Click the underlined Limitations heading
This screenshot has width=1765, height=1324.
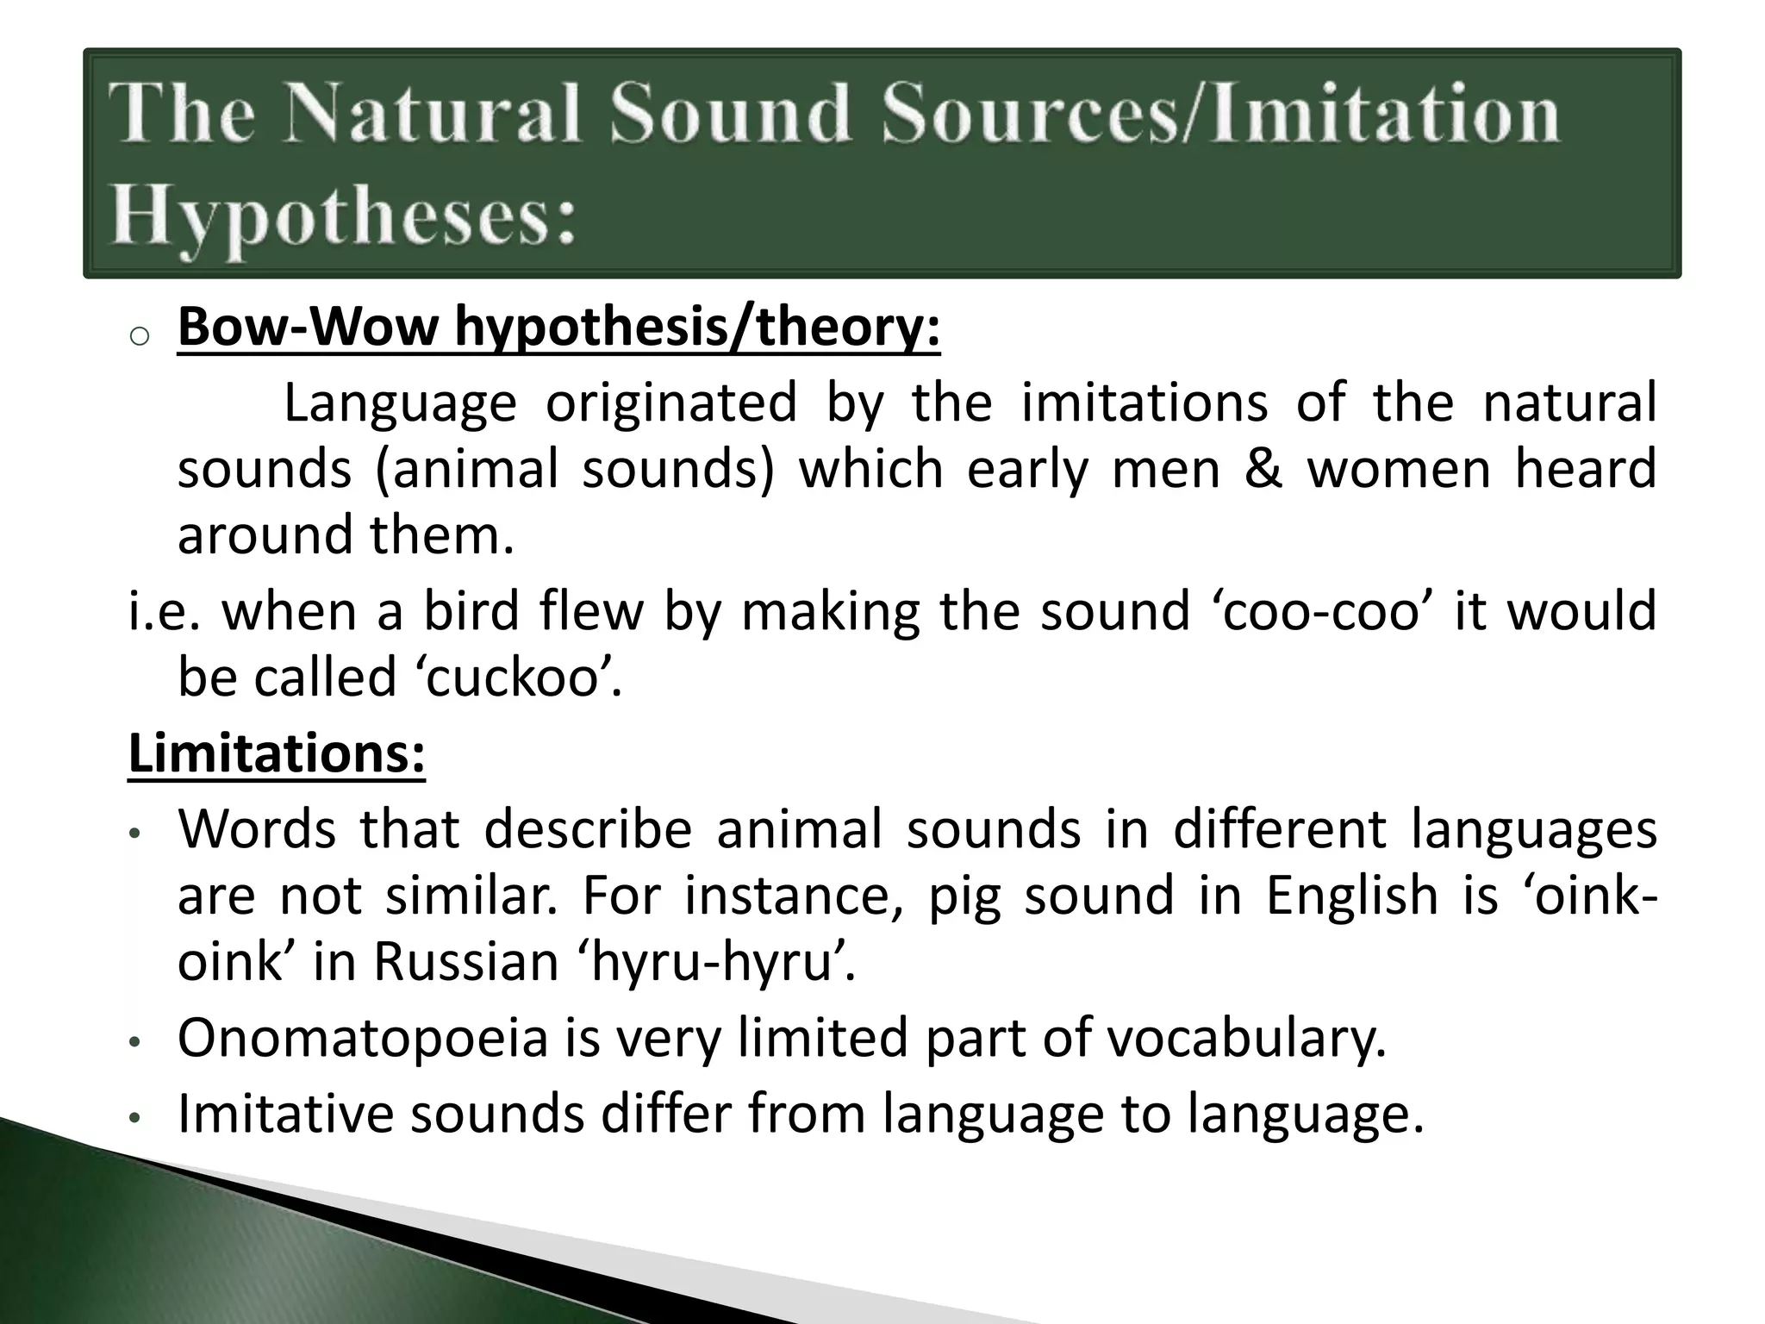click(277, 753)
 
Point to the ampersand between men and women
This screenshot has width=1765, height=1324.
click(1263, 470)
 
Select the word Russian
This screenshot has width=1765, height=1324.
click(466, 961)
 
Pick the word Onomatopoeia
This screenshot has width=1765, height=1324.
click(363, 1037)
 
